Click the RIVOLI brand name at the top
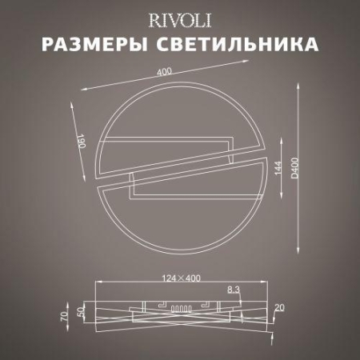point(180,18)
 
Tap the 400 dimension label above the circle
point(165,73)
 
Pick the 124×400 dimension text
point(180,278)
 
